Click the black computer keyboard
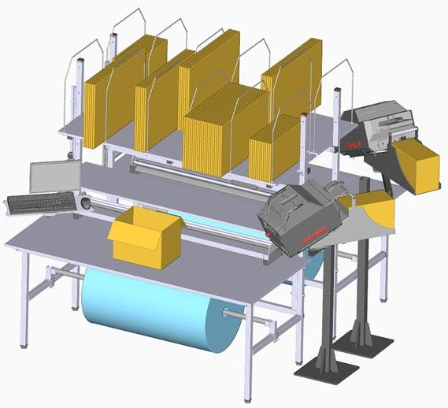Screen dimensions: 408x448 (x=41, y=203)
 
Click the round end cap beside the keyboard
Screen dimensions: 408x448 (x=85, y=203)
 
